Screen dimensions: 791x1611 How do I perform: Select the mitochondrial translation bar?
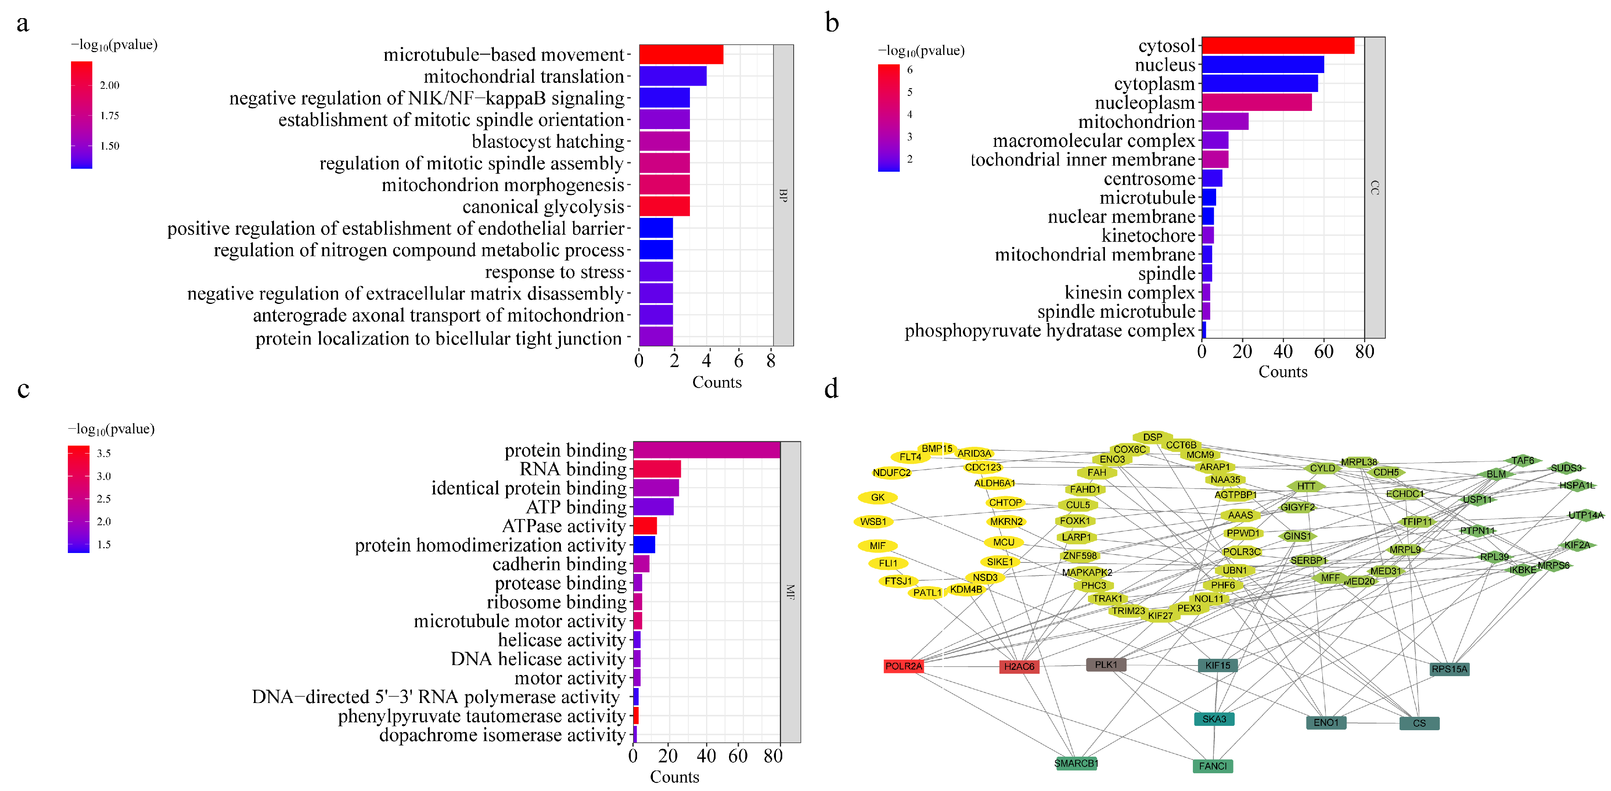672,76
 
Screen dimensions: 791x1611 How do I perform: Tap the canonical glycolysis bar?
664,206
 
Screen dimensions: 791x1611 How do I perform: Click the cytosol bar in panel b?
1278,46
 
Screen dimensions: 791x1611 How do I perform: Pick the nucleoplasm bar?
1256,103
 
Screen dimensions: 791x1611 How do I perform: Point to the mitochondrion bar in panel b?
1224,122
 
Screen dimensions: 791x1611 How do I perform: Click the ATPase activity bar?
645,526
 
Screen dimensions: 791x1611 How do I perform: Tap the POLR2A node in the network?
903,666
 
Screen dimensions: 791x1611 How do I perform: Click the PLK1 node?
1106,665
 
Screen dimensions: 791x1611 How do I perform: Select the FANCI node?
1213,766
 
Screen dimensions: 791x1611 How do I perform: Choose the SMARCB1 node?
1076,763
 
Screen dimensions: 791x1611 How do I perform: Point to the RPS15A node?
1449,669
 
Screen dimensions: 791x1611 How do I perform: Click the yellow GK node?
877,497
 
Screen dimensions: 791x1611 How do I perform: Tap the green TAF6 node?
1522,461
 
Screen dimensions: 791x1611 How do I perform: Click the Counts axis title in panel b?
1283,372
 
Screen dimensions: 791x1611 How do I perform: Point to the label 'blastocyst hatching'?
548,141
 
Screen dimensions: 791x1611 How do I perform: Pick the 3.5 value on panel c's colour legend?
104,453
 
